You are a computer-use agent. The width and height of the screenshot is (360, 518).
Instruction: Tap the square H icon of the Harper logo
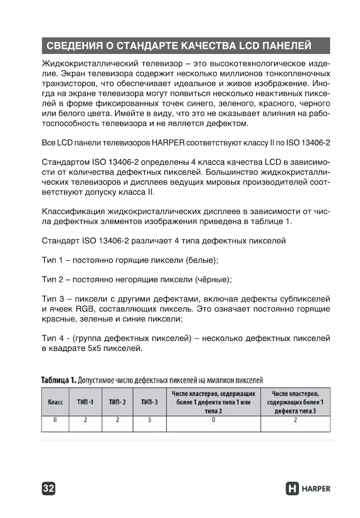293,489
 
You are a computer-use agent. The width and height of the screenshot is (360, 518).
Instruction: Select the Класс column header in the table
56,402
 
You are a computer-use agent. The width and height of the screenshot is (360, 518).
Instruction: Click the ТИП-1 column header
85,402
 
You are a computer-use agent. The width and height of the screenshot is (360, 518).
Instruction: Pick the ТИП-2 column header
117,402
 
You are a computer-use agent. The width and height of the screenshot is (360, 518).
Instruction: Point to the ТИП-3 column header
149,402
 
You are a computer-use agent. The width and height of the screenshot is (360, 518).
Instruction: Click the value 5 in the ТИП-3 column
149,420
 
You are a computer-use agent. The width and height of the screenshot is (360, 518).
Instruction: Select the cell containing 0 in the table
213,420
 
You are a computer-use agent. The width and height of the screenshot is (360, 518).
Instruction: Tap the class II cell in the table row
56,420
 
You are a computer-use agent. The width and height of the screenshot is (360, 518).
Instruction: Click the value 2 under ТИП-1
85,420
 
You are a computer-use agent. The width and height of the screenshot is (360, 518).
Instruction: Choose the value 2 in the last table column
295,420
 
